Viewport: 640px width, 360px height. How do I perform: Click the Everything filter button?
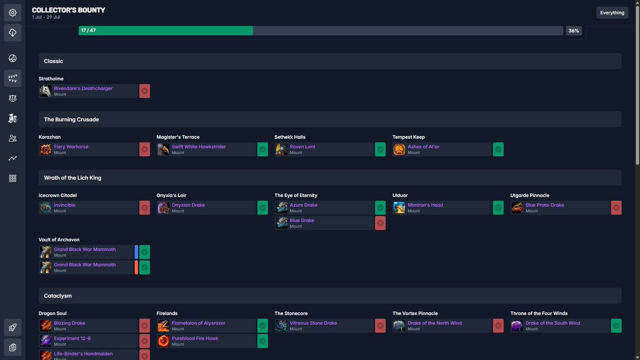tap(612, 13)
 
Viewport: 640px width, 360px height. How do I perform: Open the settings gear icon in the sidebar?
tap(13, 13)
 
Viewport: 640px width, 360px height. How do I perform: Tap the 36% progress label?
tap(573, 31)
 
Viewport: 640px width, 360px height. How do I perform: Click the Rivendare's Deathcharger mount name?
tap(83, 89)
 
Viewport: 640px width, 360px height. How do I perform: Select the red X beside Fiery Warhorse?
tap(145, 149)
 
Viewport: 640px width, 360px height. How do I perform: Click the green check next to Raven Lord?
tap(380, 149)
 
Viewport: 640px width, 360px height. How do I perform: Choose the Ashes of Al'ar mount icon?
tap(399, 149)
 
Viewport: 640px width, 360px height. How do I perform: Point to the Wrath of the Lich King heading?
tap(73, 178)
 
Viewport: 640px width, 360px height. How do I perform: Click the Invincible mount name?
tap(65, 205)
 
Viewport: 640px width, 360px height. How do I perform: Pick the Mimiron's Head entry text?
tap(425, 205)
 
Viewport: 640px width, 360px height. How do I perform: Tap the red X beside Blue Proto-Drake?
tap(616, 207)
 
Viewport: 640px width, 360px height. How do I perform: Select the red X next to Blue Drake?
tap(380, 223)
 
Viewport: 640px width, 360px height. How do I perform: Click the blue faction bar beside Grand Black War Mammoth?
tap(136, 252)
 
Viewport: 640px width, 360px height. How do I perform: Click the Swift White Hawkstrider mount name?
tap(199, 147)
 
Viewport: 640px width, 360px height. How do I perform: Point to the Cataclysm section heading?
tap(58, 295)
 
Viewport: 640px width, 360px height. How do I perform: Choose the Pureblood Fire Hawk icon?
tap(163, 341)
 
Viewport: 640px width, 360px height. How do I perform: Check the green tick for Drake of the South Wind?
tap(616, 325)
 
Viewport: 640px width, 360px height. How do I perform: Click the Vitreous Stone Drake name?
tap(314, 323)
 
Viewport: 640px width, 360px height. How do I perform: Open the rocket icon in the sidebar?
tap(13, 327)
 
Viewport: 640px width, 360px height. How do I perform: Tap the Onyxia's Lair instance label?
tap(171, 196)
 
